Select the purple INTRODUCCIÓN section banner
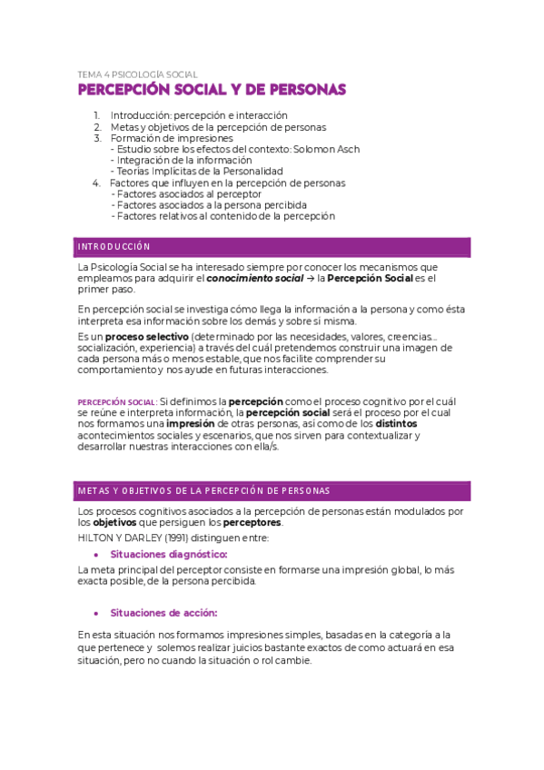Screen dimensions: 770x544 coord(273,247)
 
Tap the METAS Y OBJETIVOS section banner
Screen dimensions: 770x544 coord(273,490)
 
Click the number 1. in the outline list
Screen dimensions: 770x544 coord(97,115)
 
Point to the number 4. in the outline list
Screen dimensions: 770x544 coord(97,183)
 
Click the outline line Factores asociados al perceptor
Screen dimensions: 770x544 coord(188,193)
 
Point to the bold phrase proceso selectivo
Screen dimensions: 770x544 coord(136,336)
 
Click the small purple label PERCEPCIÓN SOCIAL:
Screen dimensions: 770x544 coord(117,401)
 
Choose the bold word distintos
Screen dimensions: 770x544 coord(397,423)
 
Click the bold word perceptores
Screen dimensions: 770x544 coord(253,522)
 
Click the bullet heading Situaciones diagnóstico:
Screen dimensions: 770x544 coord(169,554)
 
